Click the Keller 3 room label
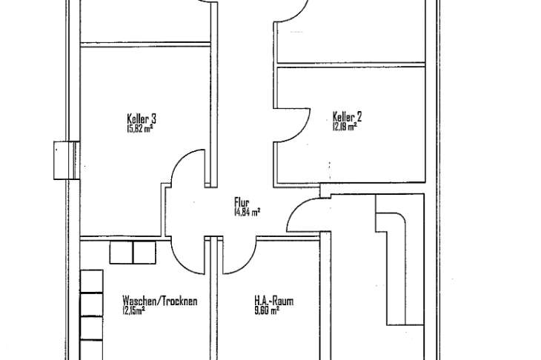click(142, 119)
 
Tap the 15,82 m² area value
click(140, 129)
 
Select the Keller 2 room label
click(347, 116)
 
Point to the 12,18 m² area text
click(345, 127)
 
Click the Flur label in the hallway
click(242, 201)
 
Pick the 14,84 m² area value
click(247, 211)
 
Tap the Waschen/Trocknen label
click(160, 301)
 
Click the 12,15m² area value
click(133, 310)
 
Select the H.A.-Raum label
click(274, 301)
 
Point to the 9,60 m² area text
click(267, 310)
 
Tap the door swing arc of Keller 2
click(304, 125)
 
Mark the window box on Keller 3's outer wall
click(67, 160)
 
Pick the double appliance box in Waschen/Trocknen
click(133, 253)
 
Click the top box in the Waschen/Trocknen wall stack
click(91, 281)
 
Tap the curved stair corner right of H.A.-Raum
click(400, 219)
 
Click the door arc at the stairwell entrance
click(296, 208)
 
